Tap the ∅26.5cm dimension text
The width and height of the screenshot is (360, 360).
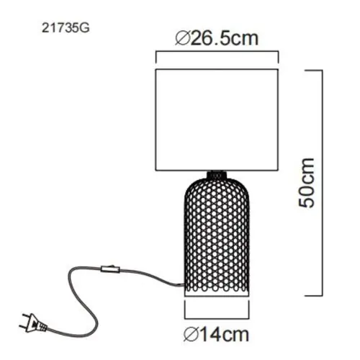click(217, 40)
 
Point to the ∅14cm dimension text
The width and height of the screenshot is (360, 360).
click(217, 334)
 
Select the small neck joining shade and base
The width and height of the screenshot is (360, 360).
click(217, 175)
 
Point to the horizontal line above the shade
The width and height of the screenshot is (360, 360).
click(217, 54)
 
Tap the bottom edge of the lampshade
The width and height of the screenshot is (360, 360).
click(217, 171)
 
